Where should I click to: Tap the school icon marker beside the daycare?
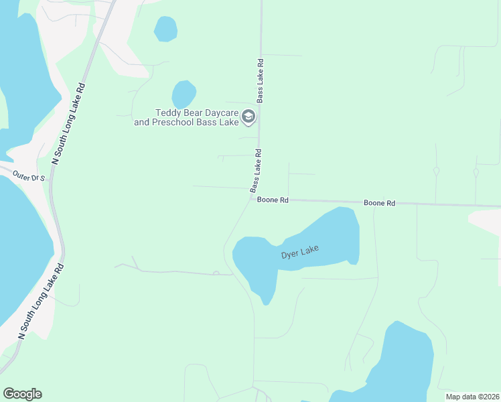tap(248, 118)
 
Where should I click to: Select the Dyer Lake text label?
tap(299, 253)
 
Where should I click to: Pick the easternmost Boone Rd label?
tap(379, 202)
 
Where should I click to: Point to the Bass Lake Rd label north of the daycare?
tap(260, 80)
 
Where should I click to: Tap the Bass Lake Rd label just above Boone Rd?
tap(256, 170)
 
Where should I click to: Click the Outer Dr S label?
tap(28, 177)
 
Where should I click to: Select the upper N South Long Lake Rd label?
tap(70, 124)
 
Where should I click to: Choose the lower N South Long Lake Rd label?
tap(42, 300)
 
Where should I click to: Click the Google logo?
tap(22, 394)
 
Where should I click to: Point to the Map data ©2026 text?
tap(472, 396)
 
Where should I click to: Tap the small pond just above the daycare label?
tap(184, 93)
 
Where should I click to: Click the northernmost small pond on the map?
tap(165, 28)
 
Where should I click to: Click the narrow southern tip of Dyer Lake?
tap(265, 299)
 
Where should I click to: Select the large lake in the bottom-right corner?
tap(405, 365)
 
